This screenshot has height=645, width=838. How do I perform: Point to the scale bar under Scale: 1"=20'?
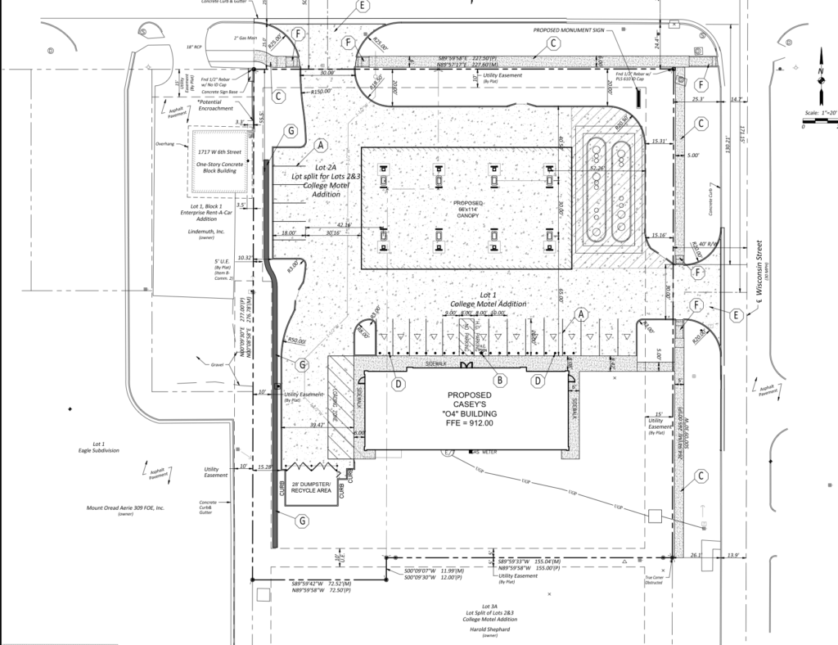click(x=820, y=123)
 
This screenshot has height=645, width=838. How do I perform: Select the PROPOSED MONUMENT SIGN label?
click(x=569, y=29)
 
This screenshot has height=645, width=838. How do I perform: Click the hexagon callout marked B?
click(x=498, y=379)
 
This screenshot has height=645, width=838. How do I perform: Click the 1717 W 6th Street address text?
click(x=219, y=152)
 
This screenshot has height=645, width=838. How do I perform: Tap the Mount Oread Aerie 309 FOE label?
click(x=126, y=507)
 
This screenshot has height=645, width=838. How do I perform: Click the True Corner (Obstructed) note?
click(x=652, y=580)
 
